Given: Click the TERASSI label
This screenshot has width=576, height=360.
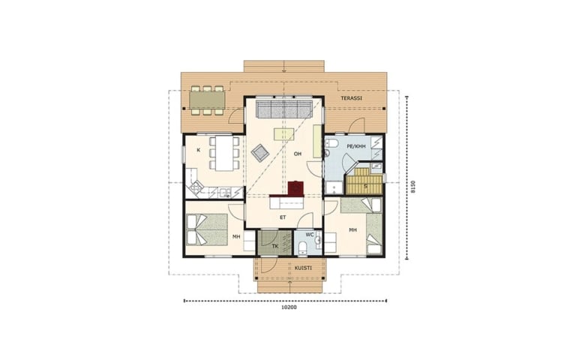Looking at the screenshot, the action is [x=351, y=98].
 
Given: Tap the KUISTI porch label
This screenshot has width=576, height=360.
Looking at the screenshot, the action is [x=303, y=268].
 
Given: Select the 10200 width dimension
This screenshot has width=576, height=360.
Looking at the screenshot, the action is [x=289, y=307].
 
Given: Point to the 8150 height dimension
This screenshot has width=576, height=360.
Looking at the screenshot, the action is [x=413, y=187].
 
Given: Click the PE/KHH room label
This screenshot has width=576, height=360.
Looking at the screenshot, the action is [x=356, y=146].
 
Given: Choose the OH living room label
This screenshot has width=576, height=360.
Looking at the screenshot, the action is [x=298, y=154].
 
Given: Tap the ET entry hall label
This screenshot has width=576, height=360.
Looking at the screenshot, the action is [x=283, y=217].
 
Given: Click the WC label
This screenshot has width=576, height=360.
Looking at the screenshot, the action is [x=310, y=234].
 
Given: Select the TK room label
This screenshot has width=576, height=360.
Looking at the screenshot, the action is [x=275, y=247].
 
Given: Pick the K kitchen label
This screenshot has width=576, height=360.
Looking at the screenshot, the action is [x=198, y=150].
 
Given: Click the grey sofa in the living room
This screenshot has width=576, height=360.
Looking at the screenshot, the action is [x=283, y=108].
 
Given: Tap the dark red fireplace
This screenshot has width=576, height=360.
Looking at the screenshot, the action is [x=295, y=188].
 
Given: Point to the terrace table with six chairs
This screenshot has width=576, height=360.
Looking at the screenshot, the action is [x=207, y=100].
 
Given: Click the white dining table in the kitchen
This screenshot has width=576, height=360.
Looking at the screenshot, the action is [x=224, y=153].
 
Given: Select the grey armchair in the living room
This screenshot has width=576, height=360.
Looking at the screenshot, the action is [x=260, y=152].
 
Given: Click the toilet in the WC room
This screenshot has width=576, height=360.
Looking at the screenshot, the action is [x=303, y=247].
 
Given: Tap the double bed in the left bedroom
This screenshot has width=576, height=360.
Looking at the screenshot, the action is [x=207, y=230].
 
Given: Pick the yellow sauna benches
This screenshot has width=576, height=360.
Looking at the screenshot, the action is [x=363, y=181].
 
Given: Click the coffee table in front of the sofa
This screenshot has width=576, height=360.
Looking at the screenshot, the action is [x=284, y=134].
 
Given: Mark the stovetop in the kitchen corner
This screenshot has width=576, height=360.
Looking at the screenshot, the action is [x=195, y=188].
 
